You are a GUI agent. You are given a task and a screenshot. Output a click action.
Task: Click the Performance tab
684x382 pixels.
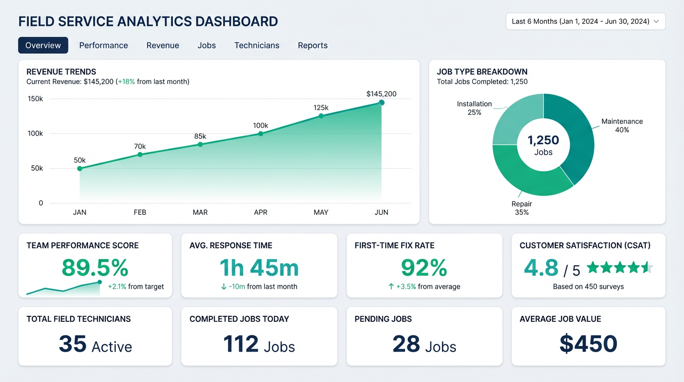click(x=103, y=45)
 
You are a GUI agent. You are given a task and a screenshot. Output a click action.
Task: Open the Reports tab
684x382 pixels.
click(x=313, y=45)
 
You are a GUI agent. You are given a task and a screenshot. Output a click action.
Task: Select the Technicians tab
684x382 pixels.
click(x=256, y=45)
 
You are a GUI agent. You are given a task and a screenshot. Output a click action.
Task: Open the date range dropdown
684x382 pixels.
click(x=585, y=21)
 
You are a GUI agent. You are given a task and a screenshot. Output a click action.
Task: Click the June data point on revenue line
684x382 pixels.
click(x=381, y=102)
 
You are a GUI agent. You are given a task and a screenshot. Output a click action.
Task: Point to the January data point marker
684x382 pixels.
click(x=80, y=169)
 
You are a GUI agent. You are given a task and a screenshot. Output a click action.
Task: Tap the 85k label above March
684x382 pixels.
click(x=200, y=136)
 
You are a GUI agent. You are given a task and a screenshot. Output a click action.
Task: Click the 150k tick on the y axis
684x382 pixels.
click(x=35, y=99)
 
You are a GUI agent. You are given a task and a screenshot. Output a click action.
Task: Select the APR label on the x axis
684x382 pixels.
click(x=260, y=212)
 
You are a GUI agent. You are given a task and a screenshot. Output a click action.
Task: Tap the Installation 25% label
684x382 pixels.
click(x=474, y=108)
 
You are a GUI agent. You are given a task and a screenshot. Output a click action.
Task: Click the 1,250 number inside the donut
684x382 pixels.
click(x=543, y=140)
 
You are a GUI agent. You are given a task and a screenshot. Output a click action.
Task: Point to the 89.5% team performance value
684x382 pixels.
click(x=95, y=268)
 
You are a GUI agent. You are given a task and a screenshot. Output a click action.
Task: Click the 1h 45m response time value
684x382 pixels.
click(x=259, y=268)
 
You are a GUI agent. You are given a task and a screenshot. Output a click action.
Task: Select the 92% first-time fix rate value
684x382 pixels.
click(x=424, y=268)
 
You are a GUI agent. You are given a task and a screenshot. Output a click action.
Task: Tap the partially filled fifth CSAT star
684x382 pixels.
click(x=647, y=268)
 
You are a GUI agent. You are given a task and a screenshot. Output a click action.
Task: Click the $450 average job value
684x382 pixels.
click(x=588, y=344)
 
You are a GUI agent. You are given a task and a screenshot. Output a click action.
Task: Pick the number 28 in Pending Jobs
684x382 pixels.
click(x=406, y=344)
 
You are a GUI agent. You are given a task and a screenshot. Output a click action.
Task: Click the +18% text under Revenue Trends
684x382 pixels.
click(x=126, y=82)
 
